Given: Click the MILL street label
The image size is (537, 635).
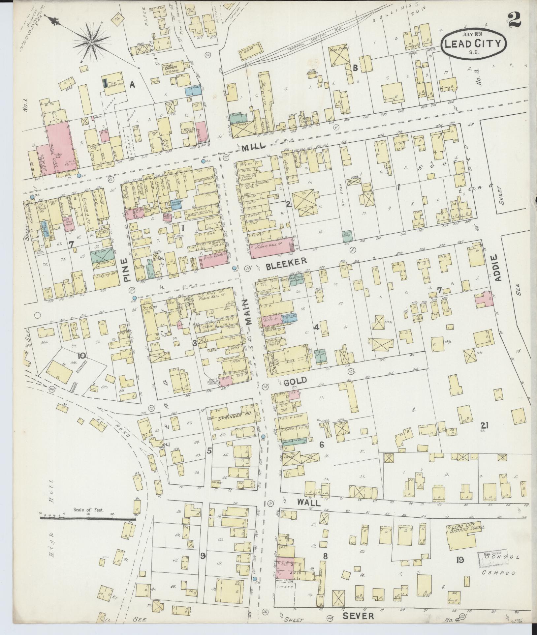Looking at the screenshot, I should point(253,147).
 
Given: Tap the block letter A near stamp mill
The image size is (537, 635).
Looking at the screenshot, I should point(133,85).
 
